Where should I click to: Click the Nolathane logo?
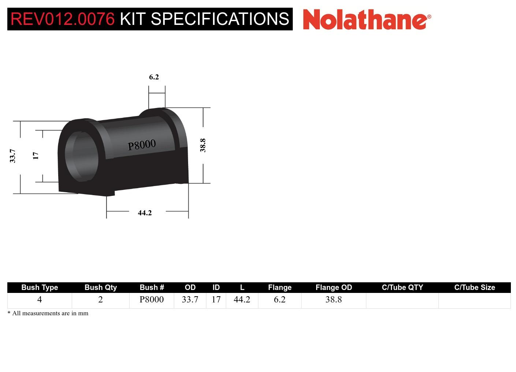(x=367, y=19)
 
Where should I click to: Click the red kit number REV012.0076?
(x=63, y=19)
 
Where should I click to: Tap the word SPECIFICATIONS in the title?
(x=220, y=19)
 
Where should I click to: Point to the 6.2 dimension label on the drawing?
(x=154, y=77)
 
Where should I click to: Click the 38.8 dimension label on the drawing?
(x=203, y=145)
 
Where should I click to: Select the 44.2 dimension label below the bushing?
(x=145, y=213)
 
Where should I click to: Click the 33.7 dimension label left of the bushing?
(x=13, y=156)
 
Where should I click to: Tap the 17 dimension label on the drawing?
(x=35, y=156)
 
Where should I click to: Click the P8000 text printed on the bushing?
(x=142, y=145)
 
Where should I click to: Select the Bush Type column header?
(x=40, y=287)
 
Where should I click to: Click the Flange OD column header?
(x=334, y=287)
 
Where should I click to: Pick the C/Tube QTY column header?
(x=402, y=287)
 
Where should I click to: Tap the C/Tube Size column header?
(x=475, y=287)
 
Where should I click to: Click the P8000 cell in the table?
(x=152, y=300)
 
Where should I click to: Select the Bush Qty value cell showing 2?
(x=101, y=300)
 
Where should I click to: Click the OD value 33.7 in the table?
(x=190, y=300)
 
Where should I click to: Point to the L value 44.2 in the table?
(x=242, y=300)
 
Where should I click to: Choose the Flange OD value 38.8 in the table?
(x=334, y=300)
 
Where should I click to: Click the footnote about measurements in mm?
(x=48, y=313)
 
